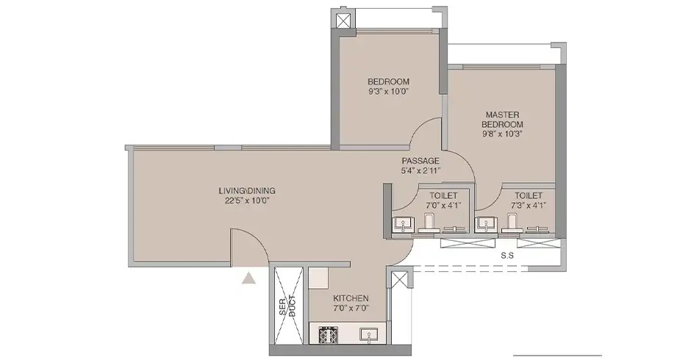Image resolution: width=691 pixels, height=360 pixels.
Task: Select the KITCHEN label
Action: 351,298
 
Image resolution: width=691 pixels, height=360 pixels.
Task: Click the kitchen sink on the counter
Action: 368,335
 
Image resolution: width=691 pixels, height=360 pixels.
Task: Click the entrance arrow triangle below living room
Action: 249,277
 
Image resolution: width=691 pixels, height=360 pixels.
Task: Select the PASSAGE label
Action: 420,161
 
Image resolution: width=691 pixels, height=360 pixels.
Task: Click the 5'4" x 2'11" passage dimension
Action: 420,170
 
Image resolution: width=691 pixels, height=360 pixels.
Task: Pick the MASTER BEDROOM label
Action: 503,120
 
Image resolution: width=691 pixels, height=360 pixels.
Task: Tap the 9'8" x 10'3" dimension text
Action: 503,135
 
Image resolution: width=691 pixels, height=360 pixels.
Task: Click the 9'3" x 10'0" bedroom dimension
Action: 388,92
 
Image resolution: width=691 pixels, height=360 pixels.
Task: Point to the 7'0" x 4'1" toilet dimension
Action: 442,205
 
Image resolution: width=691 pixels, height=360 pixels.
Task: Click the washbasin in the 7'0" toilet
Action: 401,224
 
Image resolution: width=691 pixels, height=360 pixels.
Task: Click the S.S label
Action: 506,256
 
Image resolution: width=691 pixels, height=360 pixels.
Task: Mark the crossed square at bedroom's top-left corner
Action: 343,21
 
